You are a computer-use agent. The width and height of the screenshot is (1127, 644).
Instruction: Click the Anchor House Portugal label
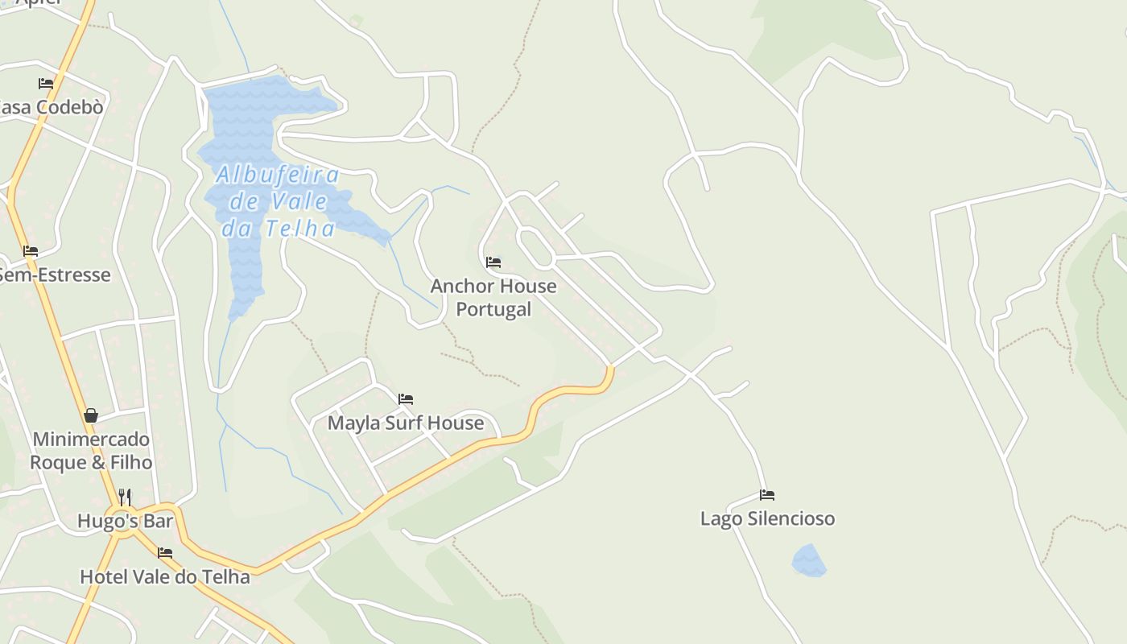tap(493, 297)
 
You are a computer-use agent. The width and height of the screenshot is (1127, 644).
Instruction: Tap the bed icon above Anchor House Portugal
tap(493, 262)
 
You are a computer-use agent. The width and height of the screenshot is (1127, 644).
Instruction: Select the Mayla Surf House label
tap(406, 423)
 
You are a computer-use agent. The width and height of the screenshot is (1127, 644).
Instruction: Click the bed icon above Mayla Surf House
tap(406, 398)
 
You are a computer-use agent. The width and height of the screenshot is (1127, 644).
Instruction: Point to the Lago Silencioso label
tap(767, 518)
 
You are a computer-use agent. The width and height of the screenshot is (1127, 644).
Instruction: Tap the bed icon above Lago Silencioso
tap(767, 495)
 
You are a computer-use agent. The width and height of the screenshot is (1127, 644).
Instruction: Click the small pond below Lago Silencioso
tap(809, 560)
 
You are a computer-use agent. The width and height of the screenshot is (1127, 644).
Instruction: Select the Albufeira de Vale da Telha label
tap(278, 201)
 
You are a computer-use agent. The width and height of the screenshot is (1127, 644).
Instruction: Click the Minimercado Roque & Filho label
tap(91, 451)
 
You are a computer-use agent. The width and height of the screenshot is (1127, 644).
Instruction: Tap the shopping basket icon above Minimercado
tap(91, 415)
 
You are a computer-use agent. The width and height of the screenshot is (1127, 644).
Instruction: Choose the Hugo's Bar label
tap(125, 521)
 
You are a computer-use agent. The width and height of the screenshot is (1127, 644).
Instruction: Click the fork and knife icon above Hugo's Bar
tap(125, 496)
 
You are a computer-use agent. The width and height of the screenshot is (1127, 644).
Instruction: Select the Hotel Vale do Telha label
tap(165, 576)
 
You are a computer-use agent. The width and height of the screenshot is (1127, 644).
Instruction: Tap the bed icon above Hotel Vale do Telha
tap(165, 553)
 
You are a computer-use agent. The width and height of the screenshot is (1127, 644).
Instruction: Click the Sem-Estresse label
tap(54, 275)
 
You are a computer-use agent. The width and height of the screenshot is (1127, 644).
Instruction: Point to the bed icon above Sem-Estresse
tap(31, 251)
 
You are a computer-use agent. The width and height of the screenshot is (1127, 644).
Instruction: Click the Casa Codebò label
tap(52, 107)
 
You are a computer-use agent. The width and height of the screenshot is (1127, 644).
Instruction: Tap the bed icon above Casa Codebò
tap(46, 83)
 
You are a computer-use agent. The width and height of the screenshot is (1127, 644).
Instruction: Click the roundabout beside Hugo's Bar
tap(121, 520)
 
